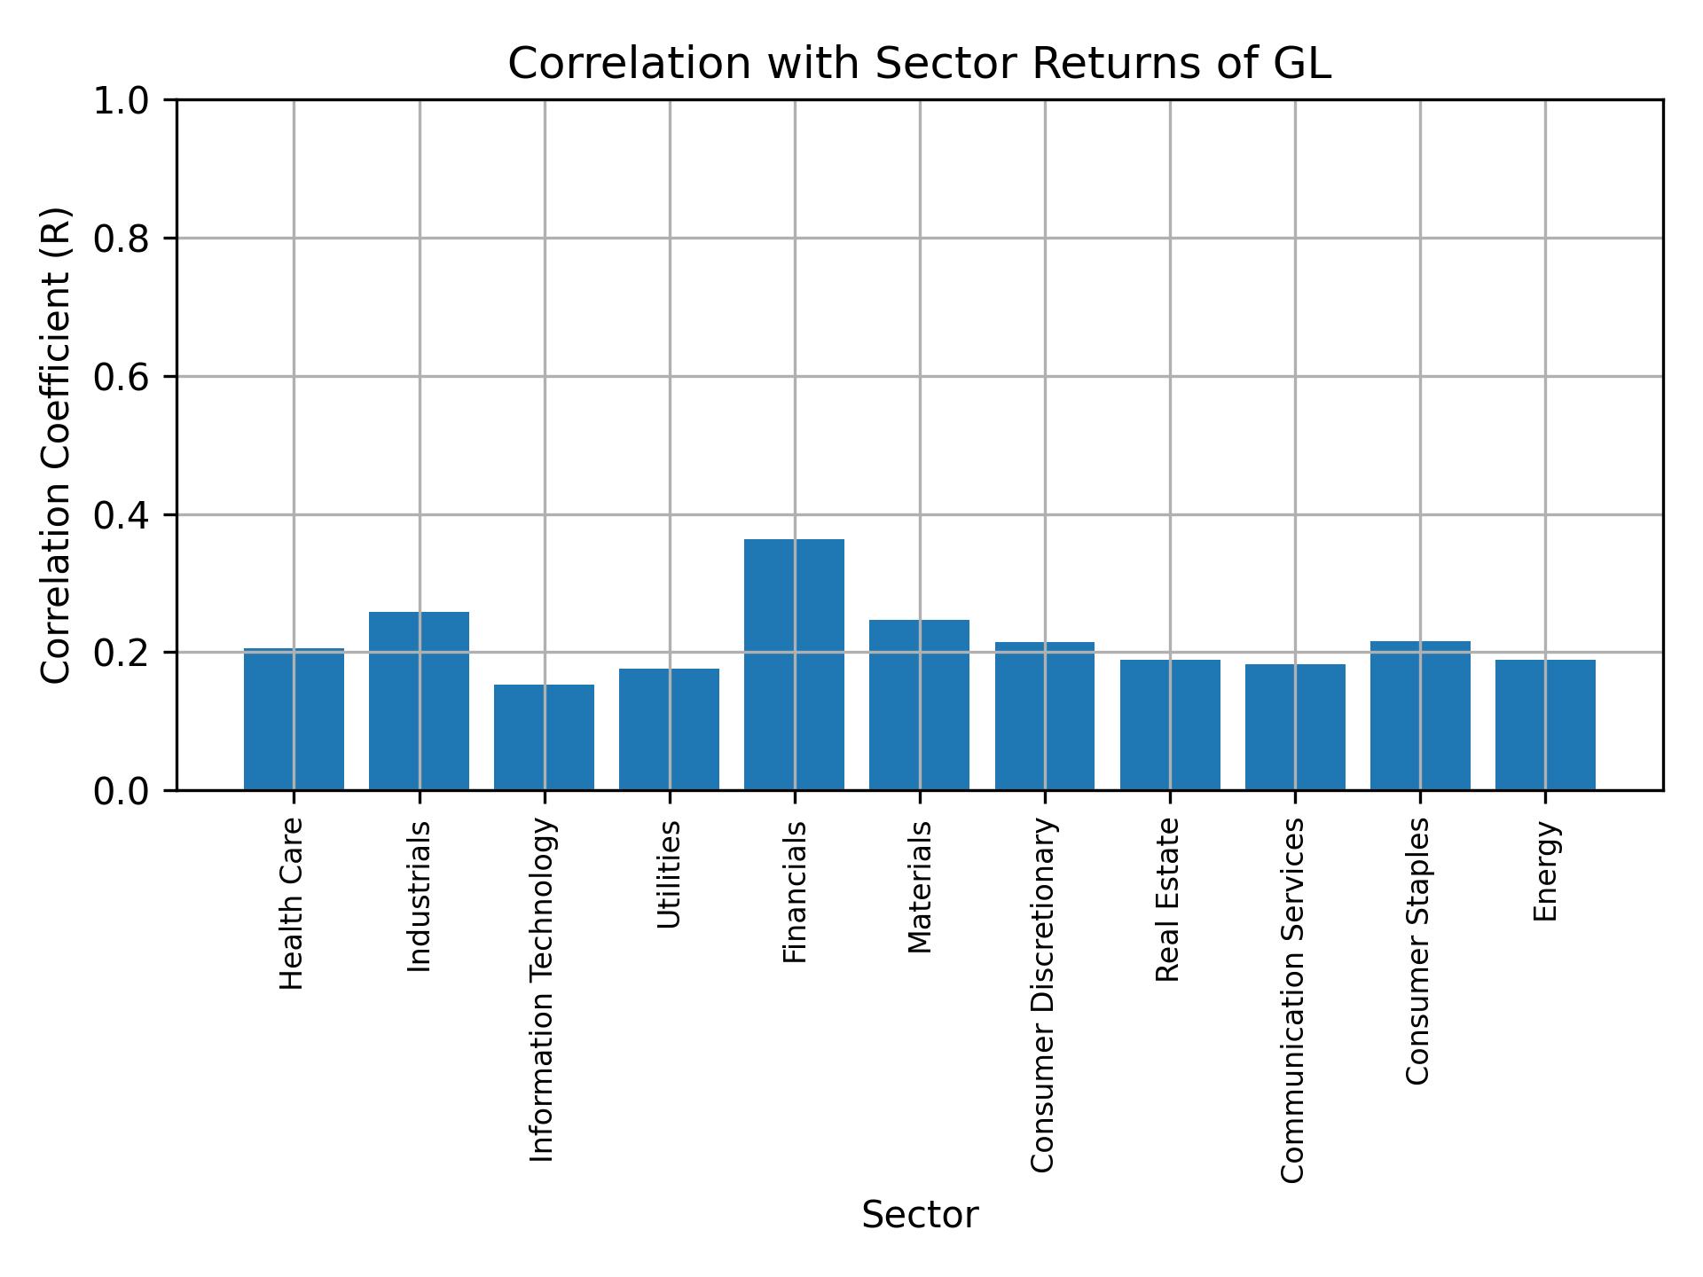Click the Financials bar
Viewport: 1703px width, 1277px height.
coord(794,664)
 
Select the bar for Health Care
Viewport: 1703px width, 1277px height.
coord(294,719)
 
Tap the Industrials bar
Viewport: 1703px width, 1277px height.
coord(419,701)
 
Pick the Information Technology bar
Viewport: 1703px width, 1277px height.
coord(544,737)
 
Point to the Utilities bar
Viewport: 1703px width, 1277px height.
coord(669,729)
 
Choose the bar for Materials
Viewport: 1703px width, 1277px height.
coord(919,705)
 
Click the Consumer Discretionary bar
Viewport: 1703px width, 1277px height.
coord(1044,716)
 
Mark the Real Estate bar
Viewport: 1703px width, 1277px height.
coord(1170,725)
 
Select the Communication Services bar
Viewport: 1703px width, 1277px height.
coord(1295,727)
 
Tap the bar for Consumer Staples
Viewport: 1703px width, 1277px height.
coord(1420,716)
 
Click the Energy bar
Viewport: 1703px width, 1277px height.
coord(1545,725)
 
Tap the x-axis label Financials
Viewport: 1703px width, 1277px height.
coord(795,891)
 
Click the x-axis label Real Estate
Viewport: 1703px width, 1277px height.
coord(1168,899)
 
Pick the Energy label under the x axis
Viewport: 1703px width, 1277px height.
coord(1545,871)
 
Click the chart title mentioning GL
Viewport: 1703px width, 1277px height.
coord(919,64)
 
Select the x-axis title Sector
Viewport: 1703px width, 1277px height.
coord(920,1215)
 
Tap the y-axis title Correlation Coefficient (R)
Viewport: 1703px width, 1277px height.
coord(56,445)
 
